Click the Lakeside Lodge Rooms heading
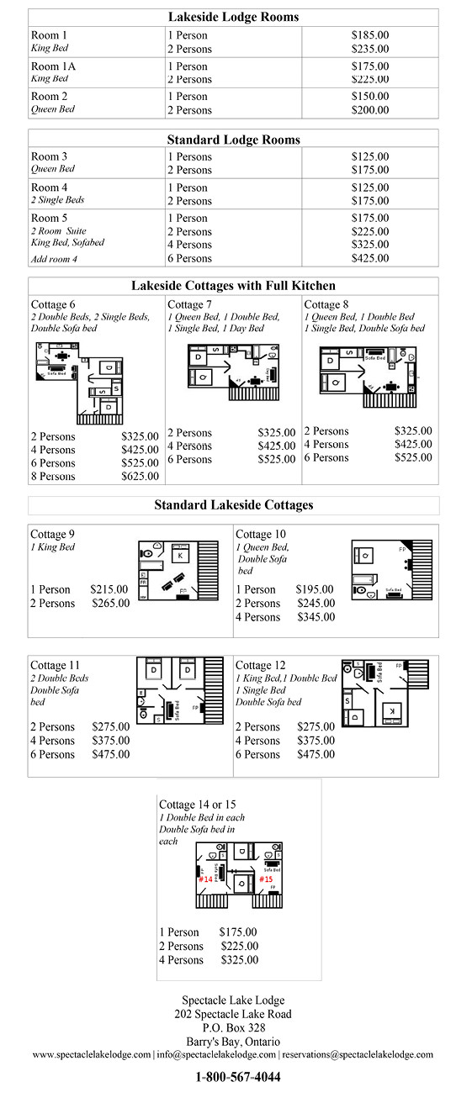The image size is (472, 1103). click(233, 17)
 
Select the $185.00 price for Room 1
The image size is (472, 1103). click(369, 35)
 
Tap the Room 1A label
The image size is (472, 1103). click(49, 66)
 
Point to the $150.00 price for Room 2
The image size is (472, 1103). click(369, 97)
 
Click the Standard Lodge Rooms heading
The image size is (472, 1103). click(233, 140)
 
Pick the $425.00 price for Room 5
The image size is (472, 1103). click(369, 258)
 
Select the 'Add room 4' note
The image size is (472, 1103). click(54, 259)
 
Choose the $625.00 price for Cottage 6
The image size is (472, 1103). click(140, 477)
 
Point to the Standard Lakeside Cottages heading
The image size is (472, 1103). click(233, 505)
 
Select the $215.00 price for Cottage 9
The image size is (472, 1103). click(109, 589)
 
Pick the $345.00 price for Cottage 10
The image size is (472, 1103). click(316, 617)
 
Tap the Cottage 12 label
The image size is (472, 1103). click(260, 665)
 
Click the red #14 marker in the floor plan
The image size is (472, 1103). click(205, 879)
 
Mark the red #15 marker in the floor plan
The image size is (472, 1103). click(266, 879)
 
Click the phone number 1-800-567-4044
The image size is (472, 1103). click(238, 1077)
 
